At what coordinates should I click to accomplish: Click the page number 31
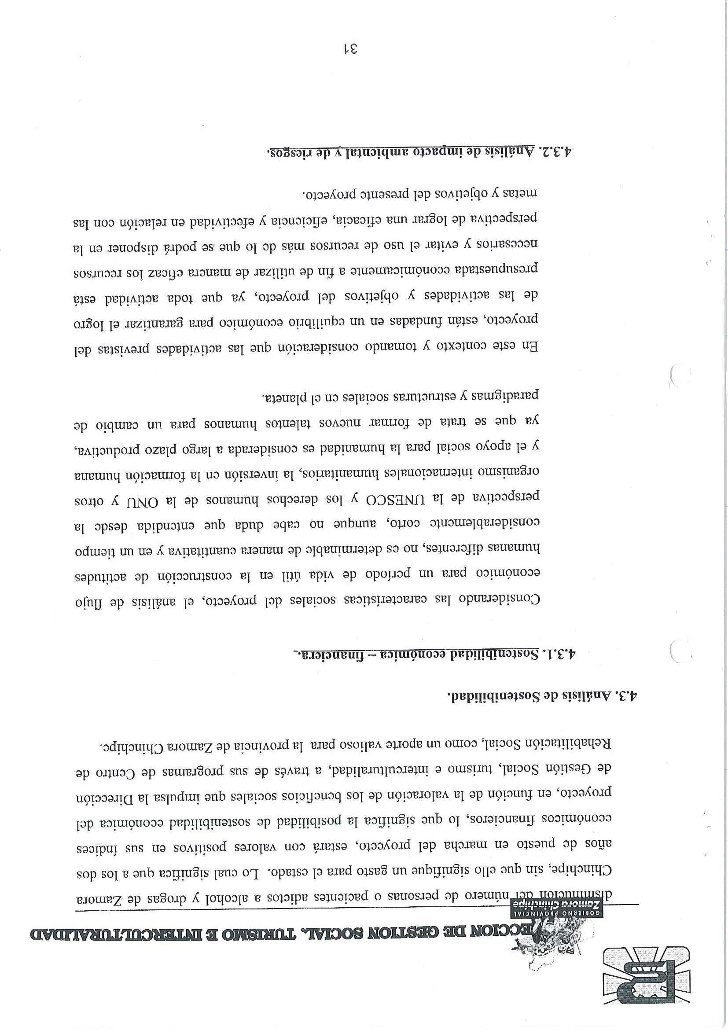(x=349, y=49)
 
